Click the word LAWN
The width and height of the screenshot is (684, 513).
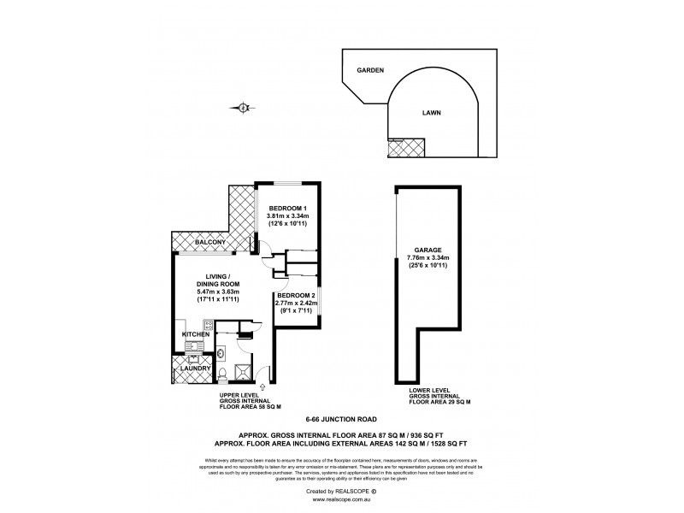(x=433, y=112)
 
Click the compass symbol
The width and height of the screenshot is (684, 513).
(x=244, y=107)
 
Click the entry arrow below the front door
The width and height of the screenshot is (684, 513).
(x=261, y=387)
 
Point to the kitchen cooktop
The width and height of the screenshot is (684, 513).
(x=198, y=325)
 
